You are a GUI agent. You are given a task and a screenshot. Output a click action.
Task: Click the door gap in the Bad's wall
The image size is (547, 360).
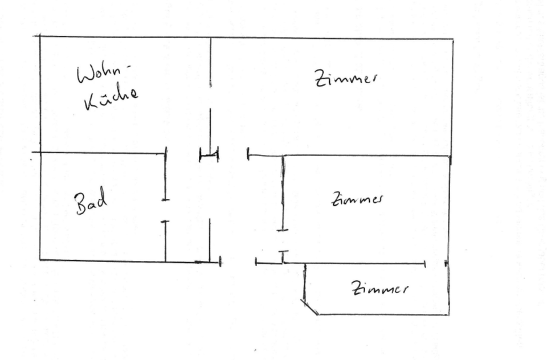[x=165, y=210]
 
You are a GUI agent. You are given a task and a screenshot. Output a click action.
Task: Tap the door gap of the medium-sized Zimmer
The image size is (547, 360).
[x=283, y=240]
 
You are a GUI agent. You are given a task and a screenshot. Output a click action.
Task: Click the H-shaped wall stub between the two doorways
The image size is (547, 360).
[x=209, y=154]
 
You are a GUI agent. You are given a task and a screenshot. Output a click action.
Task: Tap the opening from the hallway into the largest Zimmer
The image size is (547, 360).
[x=233, y=154]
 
